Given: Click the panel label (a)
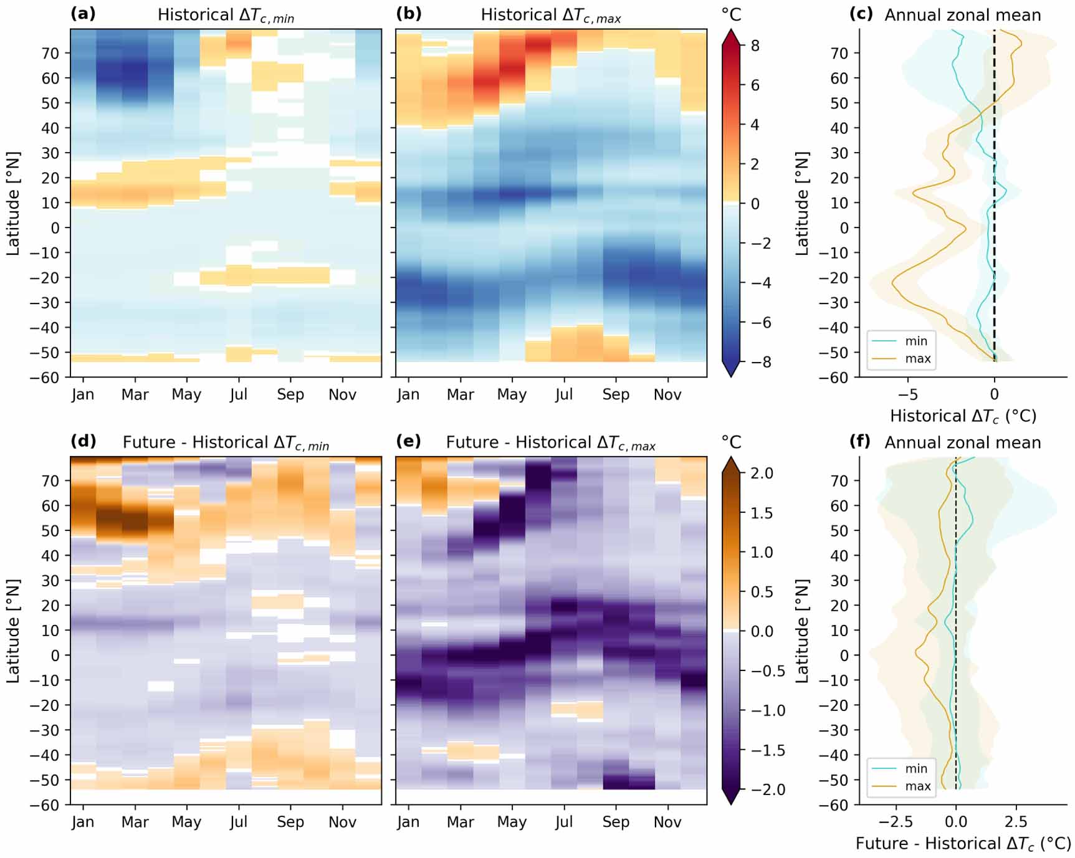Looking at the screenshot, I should coord(83,14).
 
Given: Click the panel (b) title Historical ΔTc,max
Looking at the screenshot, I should coord(551,15).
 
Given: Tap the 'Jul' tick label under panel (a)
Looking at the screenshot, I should coord(238,394).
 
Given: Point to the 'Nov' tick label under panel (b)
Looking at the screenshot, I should coord(667,394).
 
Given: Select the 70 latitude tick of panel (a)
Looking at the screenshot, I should coord(50,53).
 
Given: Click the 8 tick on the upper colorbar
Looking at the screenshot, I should coord(755,45).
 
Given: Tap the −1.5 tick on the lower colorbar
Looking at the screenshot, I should coord(767,750).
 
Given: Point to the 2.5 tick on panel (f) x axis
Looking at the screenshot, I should coord(1016,822).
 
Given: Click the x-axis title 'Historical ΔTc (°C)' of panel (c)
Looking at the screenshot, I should coord(963,416).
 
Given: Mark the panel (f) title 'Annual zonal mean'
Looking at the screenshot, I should coord(963,442).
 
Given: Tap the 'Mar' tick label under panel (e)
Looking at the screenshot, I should coord(460,822).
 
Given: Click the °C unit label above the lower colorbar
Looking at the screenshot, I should coord(731,442).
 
